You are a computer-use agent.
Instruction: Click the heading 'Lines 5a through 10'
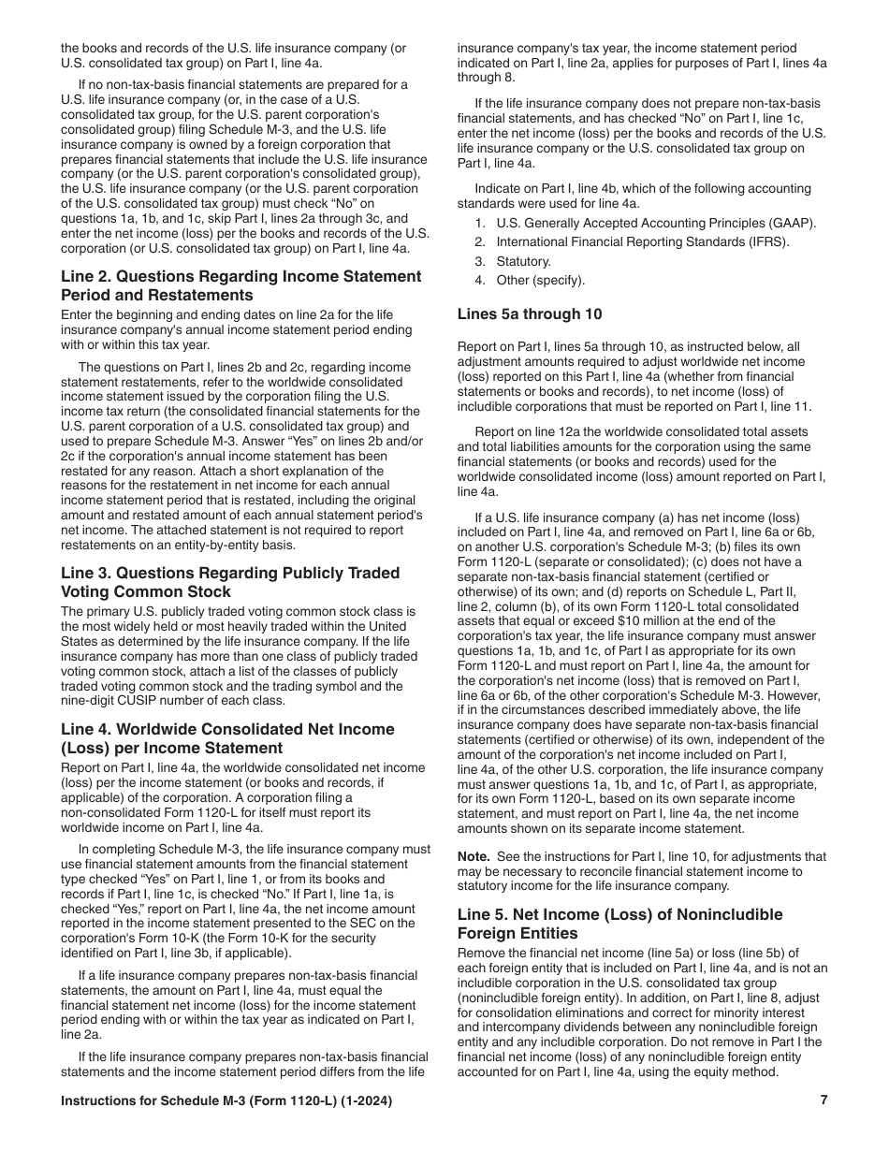530,314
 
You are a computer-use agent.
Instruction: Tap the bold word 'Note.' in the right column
474,856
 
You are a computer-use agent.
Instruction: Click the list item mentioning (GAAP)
644,223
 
